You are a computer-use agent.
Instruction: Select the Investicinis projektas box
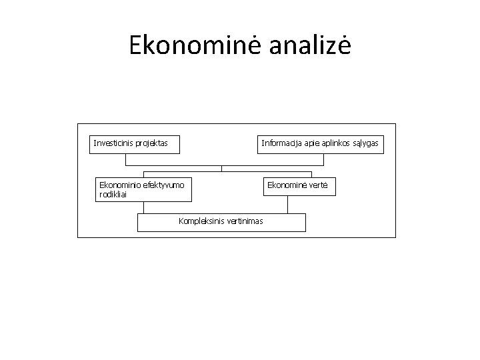point(136,145)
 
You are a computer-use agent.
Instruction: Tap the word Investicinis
point(113,143)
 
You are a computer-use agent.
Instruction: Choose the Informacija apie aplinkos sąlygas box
point(321,145)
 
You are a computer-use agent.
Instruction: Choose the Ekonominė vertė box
point(297,186)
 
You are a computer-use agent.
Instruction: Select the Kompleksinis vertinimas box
point(221,223)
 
